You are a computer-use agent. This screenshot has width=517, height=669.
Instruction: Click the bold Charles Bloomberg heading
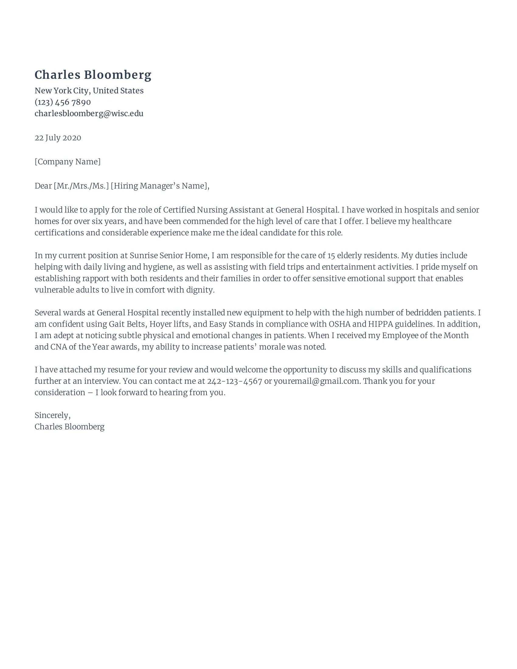(93, 75)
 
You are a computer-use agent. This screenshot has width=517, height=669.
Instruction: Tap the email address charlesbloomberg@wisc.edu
(89, 114)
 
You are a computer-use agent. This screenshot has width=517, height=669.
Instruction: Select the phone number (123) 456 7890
(62, 102)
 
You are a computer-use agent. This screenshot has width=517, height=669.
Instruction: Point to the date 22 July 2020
(58, 138)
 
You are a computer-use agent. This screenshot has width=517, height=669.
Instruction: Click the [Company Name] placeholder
(68, 162)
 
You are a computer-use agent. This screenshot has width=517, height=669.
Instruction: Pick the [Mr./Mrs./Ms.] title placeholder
(81, 186)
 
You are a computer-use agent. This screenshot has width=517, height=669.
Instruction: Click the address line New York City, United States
(89, 91)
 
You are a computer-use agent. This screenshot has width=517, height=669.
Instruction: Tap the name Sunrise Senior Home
(168, 256)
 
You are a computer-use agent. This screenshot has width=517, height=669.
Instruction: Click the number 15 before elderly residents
(331, 256)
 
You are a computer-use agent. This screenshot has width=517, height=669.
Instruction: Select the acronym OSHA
(339, 324)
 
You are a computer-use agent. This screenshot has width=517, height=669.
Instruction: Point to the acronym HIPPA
(380, 324)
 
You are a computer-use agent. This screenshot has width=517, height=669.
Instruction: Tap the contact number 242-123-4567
(234, 381)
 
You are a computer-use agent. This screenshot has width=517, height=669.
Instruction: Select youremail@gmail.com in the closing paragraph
(316, 381)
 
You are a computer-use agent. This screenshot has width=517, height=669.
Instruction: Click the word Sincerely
(52, 415)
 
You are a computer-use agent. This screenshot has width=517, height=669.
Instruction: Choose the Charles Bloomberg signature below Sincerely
(69, 427)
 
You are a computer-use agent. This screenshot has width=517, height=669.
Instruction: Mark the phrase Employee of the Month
(425, 336)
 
